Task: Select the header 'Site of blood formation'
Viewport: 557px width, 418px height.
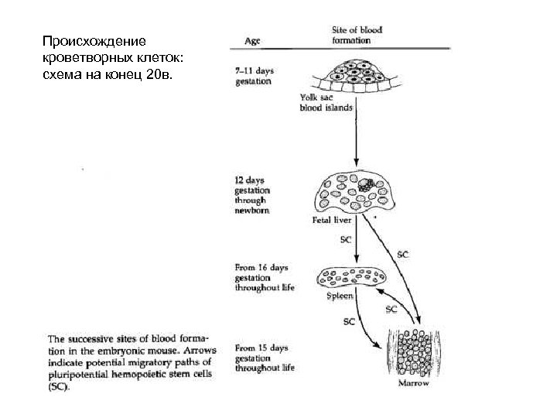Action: pos(346,35)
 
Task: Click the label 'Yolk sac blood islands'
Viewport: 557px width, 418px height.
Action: pos(326,103)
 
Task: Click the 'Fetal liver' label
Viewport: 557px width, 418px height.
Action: pos(331,221)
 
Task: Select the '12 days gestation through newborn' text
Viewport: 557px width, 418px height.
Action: pos(253,195)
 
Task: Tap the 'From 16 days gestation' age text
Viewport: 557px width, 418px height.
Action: pos(263,277)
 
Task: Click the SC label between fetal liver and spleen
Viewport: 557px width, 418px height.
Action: pos(345,240)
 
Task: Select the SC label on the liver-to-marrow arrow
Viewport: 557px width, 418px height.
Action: pos(403,253)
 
